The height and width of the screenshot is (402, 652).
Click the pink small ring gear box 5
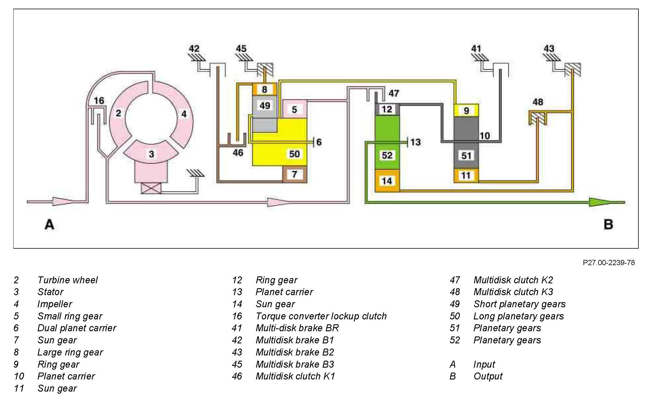pos(294,109)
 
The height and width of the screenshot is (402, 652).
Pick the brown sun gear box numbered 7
pos(294,174)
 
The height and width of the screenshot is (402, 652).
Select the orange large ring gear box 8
pos(264,89)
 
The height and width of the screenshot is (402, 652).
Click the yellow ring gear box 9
pos(466,110)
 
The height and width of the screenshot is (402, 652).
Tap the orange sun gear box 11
pos(466,175)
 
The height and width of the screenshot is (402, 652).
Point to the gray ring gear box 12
pos(387,109)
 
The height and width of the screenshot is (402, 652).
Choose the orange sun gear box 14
pos(387,181)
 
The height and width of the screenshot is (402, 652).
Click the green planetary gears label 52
pos(387,155)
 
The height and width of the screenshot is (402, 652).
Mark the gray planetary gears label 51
pos(466,156)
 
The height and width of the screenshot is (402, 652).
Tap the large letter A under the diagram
pos(49,224)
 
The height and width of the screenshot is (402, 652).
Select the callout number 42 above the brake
pos(194,49)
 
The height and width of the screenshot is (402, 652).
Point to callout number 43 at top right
pos(549,49)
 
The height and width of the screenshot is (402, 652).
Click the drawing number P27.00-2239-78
pos(609,263)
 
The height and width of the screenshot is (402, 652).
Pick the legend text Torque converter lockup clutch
pos(321,316)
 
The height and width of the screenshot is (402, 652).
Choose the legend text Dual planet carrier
pos(77,328)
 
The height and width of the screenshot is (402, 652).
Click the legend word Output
pos(488,376)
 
